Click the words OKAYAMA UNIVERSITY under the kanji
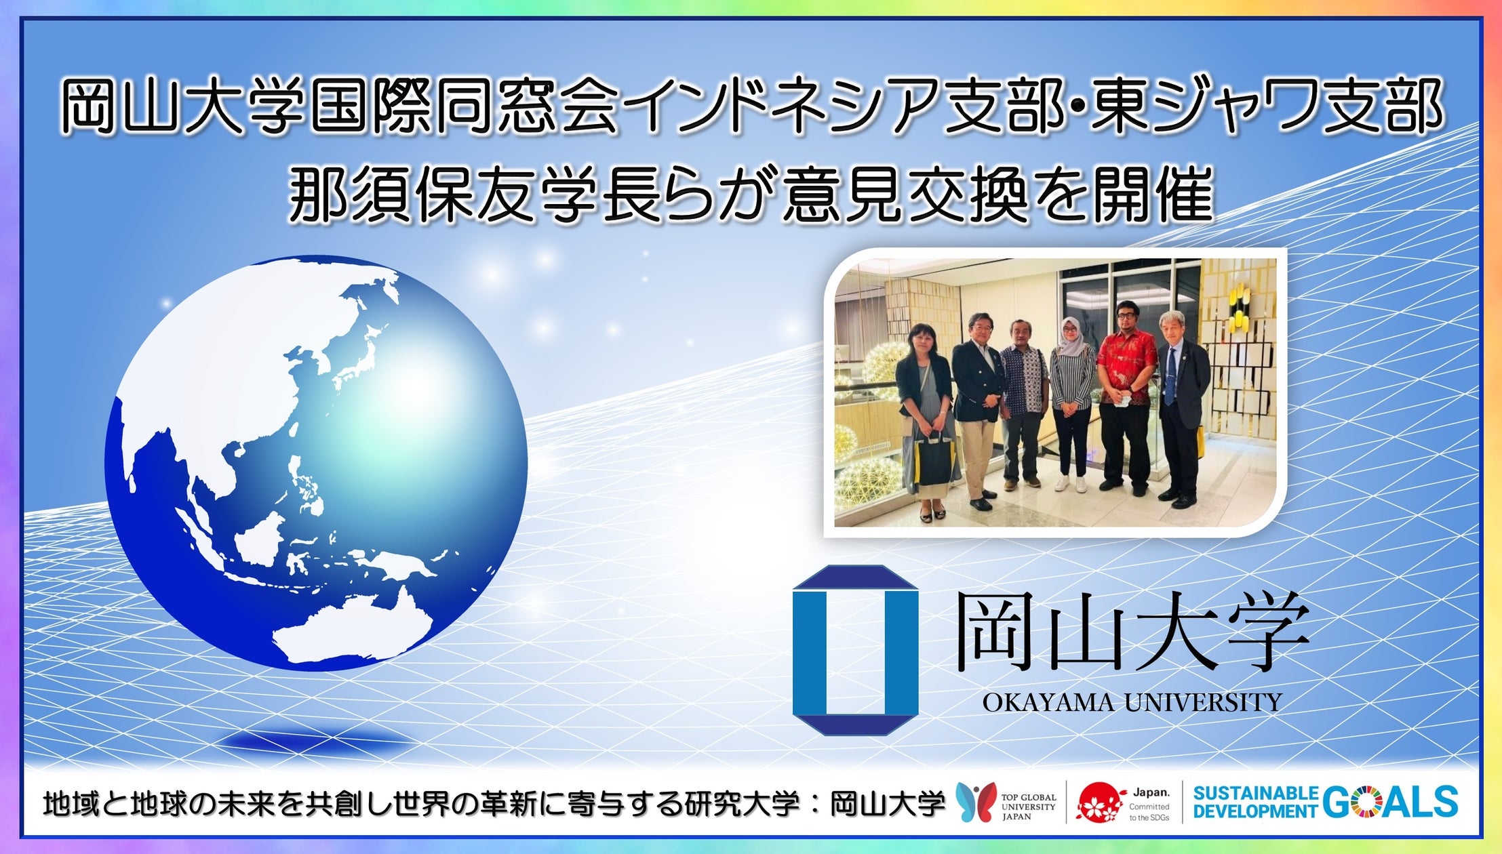pyautogui.click(x=1132, y=702)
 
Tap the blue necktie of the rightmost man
pyautogui.click(x=1170, y=373)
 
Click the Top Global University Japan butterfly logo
pyautogui.click(x=976, y=802)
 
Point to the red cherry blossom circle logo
pyautogui.click(x=1098, y=802)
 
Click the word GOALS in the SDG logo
pyautogui.click(x=1389, y=802)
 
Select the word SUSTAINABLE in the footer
pyautogui.click(x=1255, y=793)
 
